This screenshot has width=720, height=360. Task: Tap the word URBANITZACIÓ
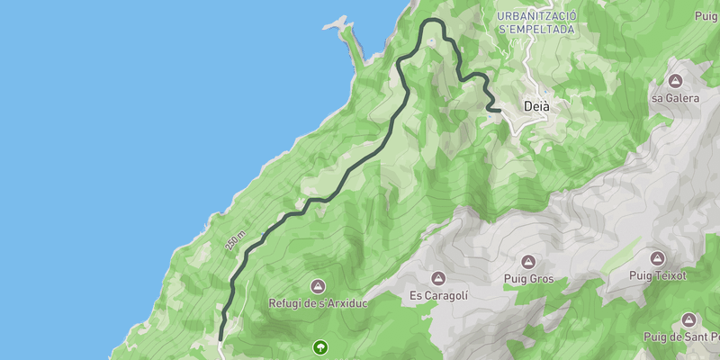coord(536,16)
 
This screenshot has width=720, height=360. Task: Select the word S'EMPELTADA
coord(536,30)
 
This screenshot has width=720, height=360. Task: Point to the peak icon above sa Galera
coord(675,67)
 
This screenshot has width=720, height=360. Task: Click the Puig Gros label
coord(527,280)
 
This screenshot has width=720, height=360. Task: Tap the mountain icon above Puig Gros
coord(527,262)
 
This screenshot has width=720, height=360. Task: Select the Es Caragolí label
coord(438,295)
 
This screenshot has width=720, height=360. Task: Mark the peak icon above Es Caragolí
coord(438,277)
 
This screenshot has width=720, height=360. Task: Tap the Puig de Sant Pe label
coord(680,337)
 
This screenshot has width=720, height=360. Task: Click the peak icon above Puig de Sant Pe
coord(688,319)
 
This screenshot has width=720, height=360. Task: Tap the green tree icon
coord(320,346)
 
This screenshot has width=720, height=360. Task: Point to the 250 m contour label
coord(236,239)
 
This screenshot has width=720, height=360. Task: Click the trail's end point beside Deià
coord(498,110)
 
